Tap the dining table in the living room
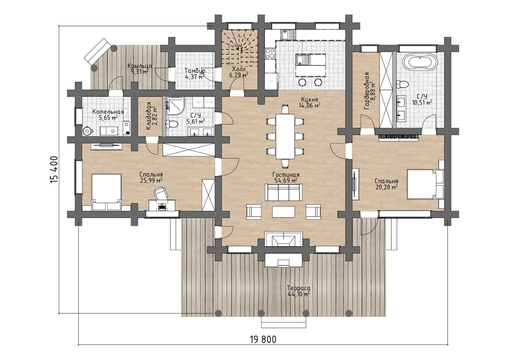[285, 136]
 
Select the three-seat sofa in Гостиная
[284, 192]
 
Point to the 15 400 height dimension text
[55, 170]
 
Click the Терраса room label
[298, 288]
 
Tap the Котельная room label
[108, 112]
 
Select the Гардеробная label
[366, 91]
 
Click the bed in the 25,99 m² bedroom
[106, 192]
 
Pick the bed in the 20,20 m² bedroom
[425, 184]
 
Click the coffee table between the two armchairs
[284, 212]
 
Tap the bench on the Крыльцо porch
[97, 51]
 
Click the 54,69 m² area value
[286, 181]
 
